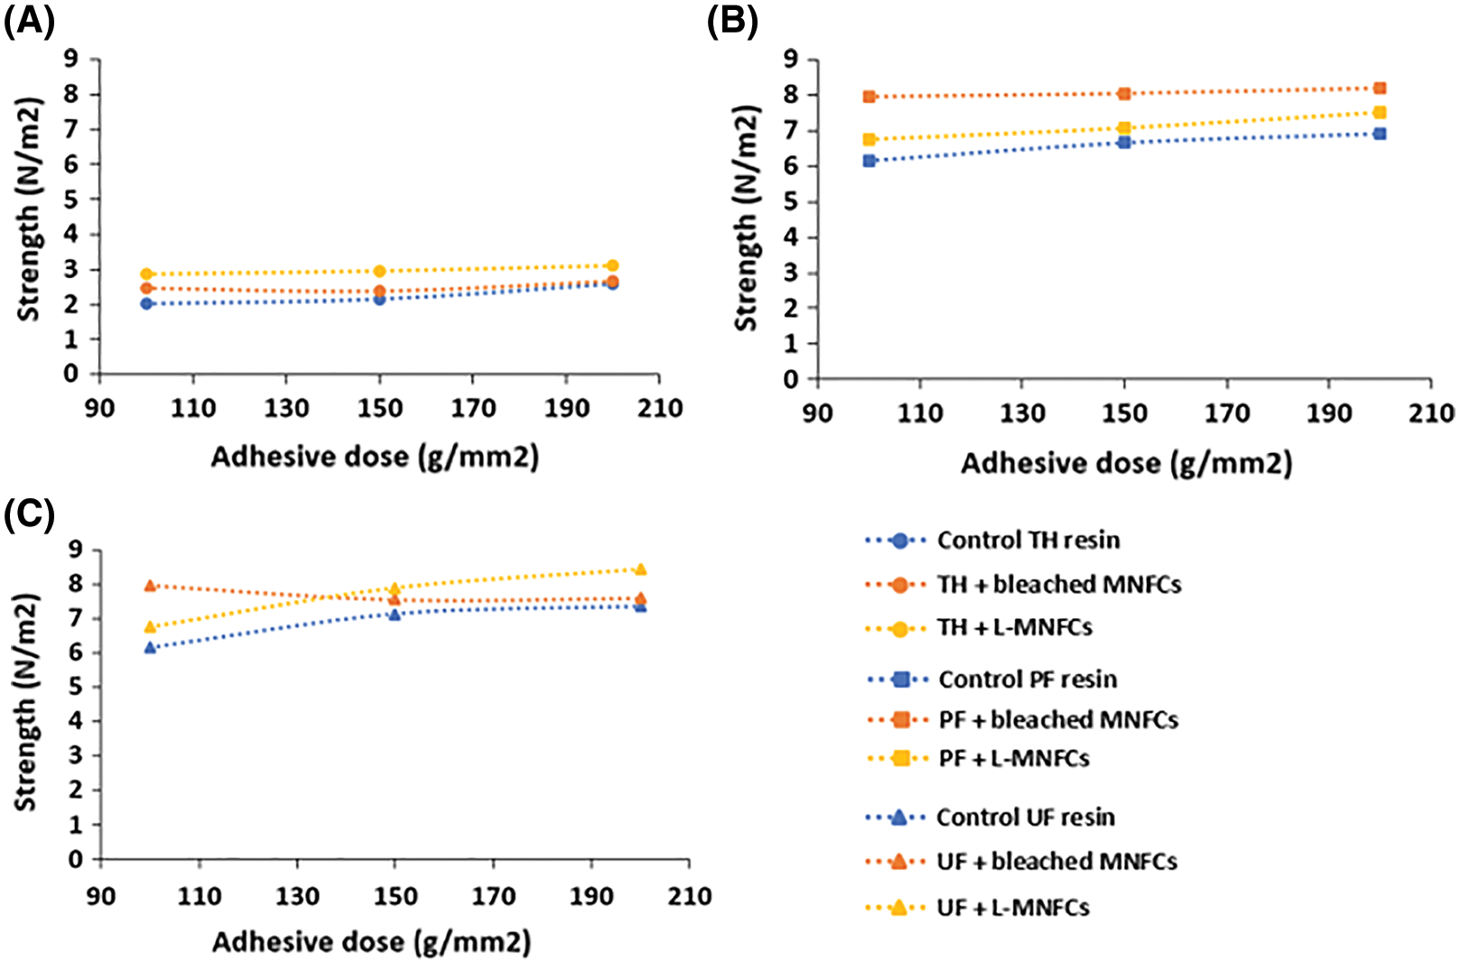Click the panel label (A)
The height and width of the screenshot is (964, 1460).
29,21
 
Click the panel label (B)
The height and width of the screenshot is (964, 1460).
732,21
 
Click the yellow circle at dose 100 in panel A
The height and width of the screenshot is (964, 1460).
147,273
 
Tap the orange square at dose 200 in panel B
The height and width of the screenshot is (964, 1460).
1380,88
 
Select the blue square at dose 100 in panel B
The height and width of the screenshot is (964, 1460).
869,161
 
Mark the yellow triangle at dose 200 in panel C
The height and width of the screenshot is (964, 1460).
641,570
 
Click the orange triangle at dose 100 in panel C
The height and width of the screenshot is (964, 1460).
151,586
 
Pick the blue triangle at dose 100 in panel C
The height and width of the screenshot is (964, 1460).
151,647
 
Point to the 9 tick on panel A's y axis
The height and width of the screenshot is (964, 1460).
70,60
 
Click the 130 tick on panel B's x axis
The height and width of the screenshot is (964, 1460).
1022,414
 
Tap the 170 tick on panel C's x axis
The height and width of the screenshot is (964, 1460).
493,897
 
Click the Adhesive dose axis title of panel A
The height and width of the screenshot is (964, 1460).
375,458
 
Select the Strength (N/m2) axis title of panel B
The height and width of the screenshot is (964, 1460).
746,218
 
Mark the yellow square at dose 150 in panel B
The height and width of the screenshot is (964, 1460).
1124,128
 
